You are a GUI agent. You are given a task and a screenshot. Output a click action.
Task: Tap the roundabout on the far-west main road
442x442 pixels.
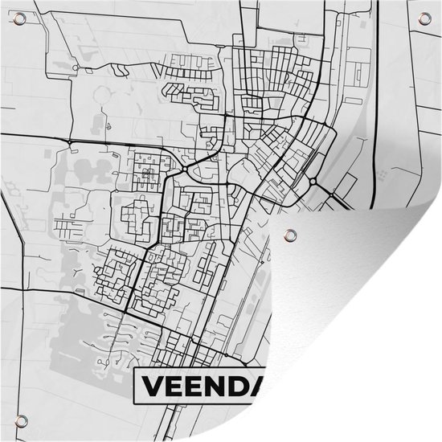(x=71, y=143)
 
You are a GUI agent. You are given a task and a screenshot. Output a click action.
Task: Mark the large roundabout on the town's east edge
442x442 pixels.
(x=313, y=182)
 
